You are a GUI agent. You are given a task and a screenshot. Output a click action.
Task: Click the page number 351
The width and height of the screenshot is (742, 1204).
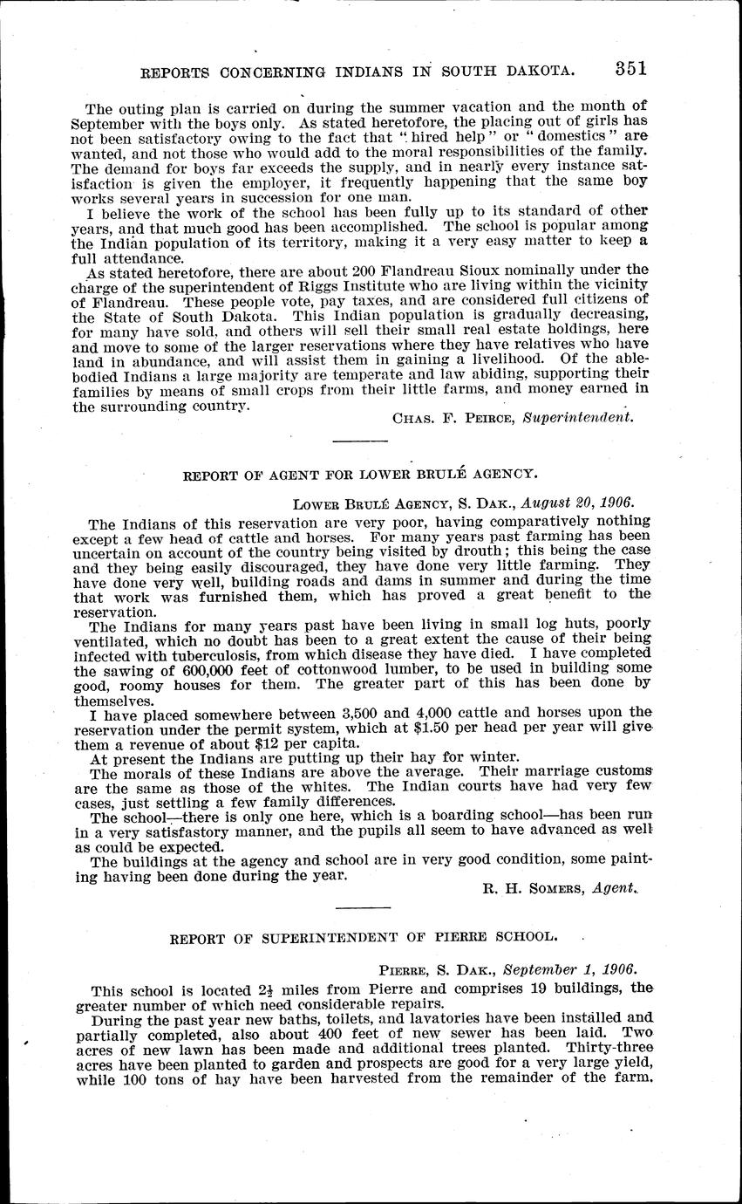click(630, 68)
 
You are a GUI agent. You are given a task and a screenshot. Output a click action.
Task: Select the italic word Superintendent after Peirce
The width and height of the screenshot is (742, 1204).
click(577, 417)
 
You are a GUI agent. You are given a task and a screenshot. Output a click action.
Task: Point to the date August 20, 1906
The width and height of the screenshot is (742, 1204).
click(577, 503)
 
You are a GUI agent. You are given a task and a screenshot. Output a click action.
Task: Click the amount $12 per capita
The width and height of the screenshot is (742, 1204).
click(277, 744)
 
